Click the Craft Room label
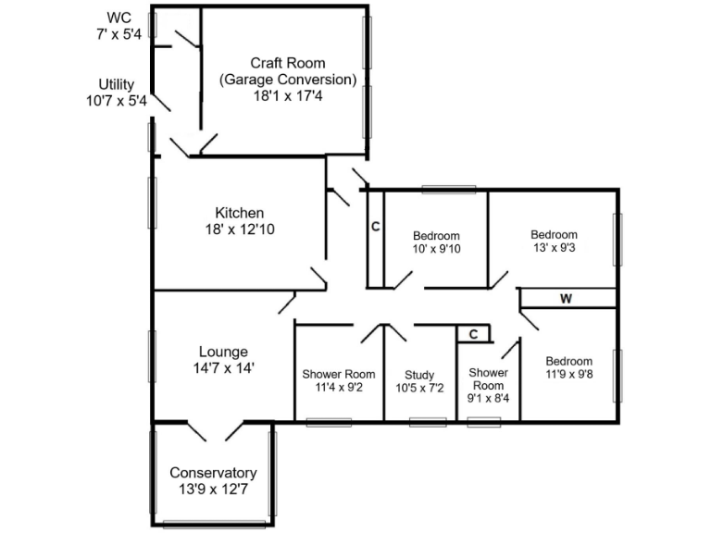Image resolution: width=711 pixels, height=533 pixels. pos(287,63)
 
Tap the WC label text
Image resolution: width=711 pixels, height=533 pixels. pos(118,18)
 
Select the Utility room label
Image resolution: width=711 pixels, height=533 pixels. pos(117,84)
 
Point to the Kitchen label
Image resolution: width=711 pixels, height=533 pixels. pos(239,213)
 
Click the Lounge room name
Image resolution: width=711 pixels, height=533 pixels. pos(223,352)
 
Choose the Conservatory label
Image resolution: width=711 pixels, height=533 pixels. pos(213,473)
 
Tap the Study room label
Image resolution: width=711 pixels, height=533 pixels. pos(419,375)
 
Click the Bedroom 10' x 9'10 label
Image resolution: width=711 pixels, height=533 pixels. pos(436,236)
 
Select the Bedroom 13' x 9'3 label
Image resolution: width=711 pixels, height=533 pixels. pos(554,234)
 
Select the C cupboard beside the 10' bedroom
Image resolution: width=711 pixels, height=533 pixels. pos(375,227)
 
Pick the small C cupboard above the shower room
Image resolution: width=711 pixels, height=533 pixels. pos(472,334)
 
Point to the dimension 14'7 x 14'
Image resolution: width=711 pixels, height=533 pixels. pos(223,367)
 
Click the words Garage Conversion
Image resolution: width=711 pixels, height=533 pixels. pos(287,79)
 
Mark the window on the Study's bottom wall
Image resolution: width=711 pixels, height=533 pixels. pos(428,422)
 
